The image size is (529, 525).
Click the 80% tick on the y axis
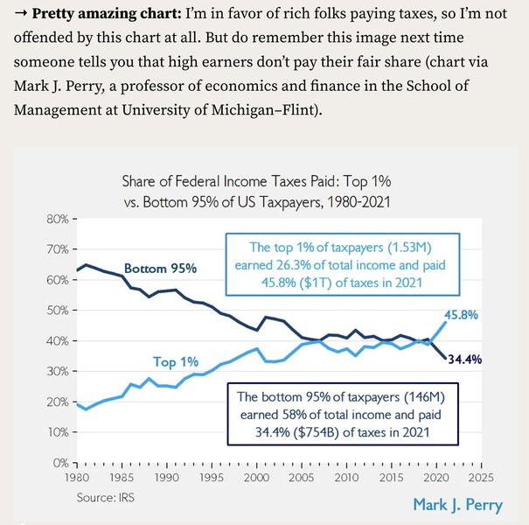point(58,219)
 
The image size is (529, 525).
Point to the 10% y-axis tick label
point(58,432)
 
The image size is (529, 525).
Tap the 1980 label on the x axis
point(78,479)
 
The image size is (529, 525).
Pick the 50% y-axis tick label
point(58,311)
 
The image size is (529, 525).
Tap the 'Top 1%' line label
point(175,361)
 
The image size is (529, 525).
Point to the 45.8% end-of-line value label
point(461,315)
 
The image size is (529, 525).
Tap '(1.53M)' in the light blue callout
point(405,248)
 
